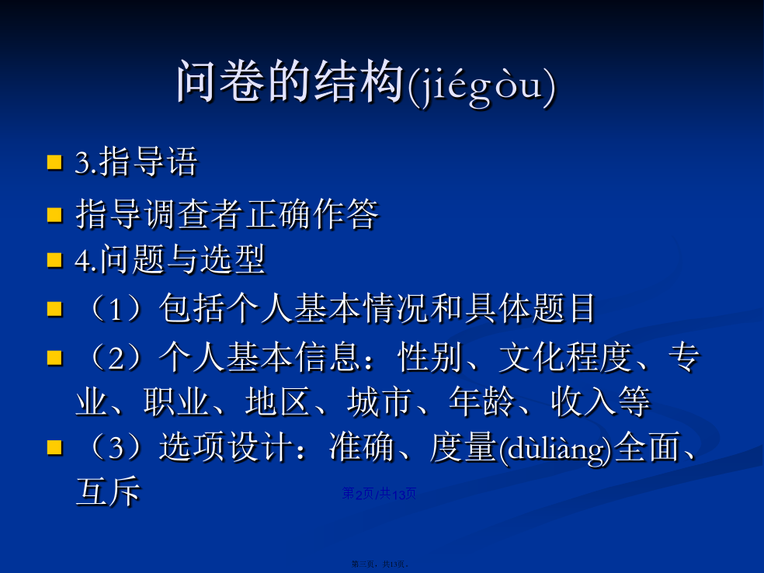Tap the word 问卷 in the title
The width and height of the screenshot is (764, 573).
point(222,82)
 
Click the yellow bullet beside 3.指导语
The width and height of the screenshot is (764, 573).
point(54,162)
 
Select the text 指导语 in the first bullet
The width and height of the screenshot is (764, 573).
point(148,161)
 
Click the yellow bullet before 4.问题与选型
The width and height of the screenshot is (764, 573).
point(54,260)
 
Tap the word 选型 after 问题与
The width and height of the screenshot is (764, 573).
point(232,259)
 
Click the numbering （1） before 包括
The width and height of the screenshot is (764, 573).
point(116,308)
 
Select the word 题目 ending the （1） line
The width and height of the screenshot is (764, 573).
point(564,308)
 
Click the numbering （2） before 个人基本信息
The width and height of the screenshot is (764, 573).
point(116,357)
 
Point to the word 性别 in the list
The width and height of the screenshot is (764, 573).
point(429,357)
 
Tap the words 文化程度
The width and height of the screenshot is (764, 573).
point(566,357)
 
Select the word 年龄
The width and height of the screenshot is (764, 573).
point(482,402)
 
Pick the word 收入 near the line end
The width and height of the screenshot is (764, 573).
point(584,402)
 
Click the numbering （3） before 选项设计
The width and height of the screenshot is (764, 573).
point(116,446)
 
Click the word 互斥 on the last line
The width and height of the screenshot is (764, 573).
point(108,491)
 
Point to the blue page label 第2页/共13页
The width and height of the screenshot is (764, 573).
point(379,494)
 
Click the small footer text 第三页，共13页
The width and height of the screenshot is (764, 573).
point(380,564)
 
